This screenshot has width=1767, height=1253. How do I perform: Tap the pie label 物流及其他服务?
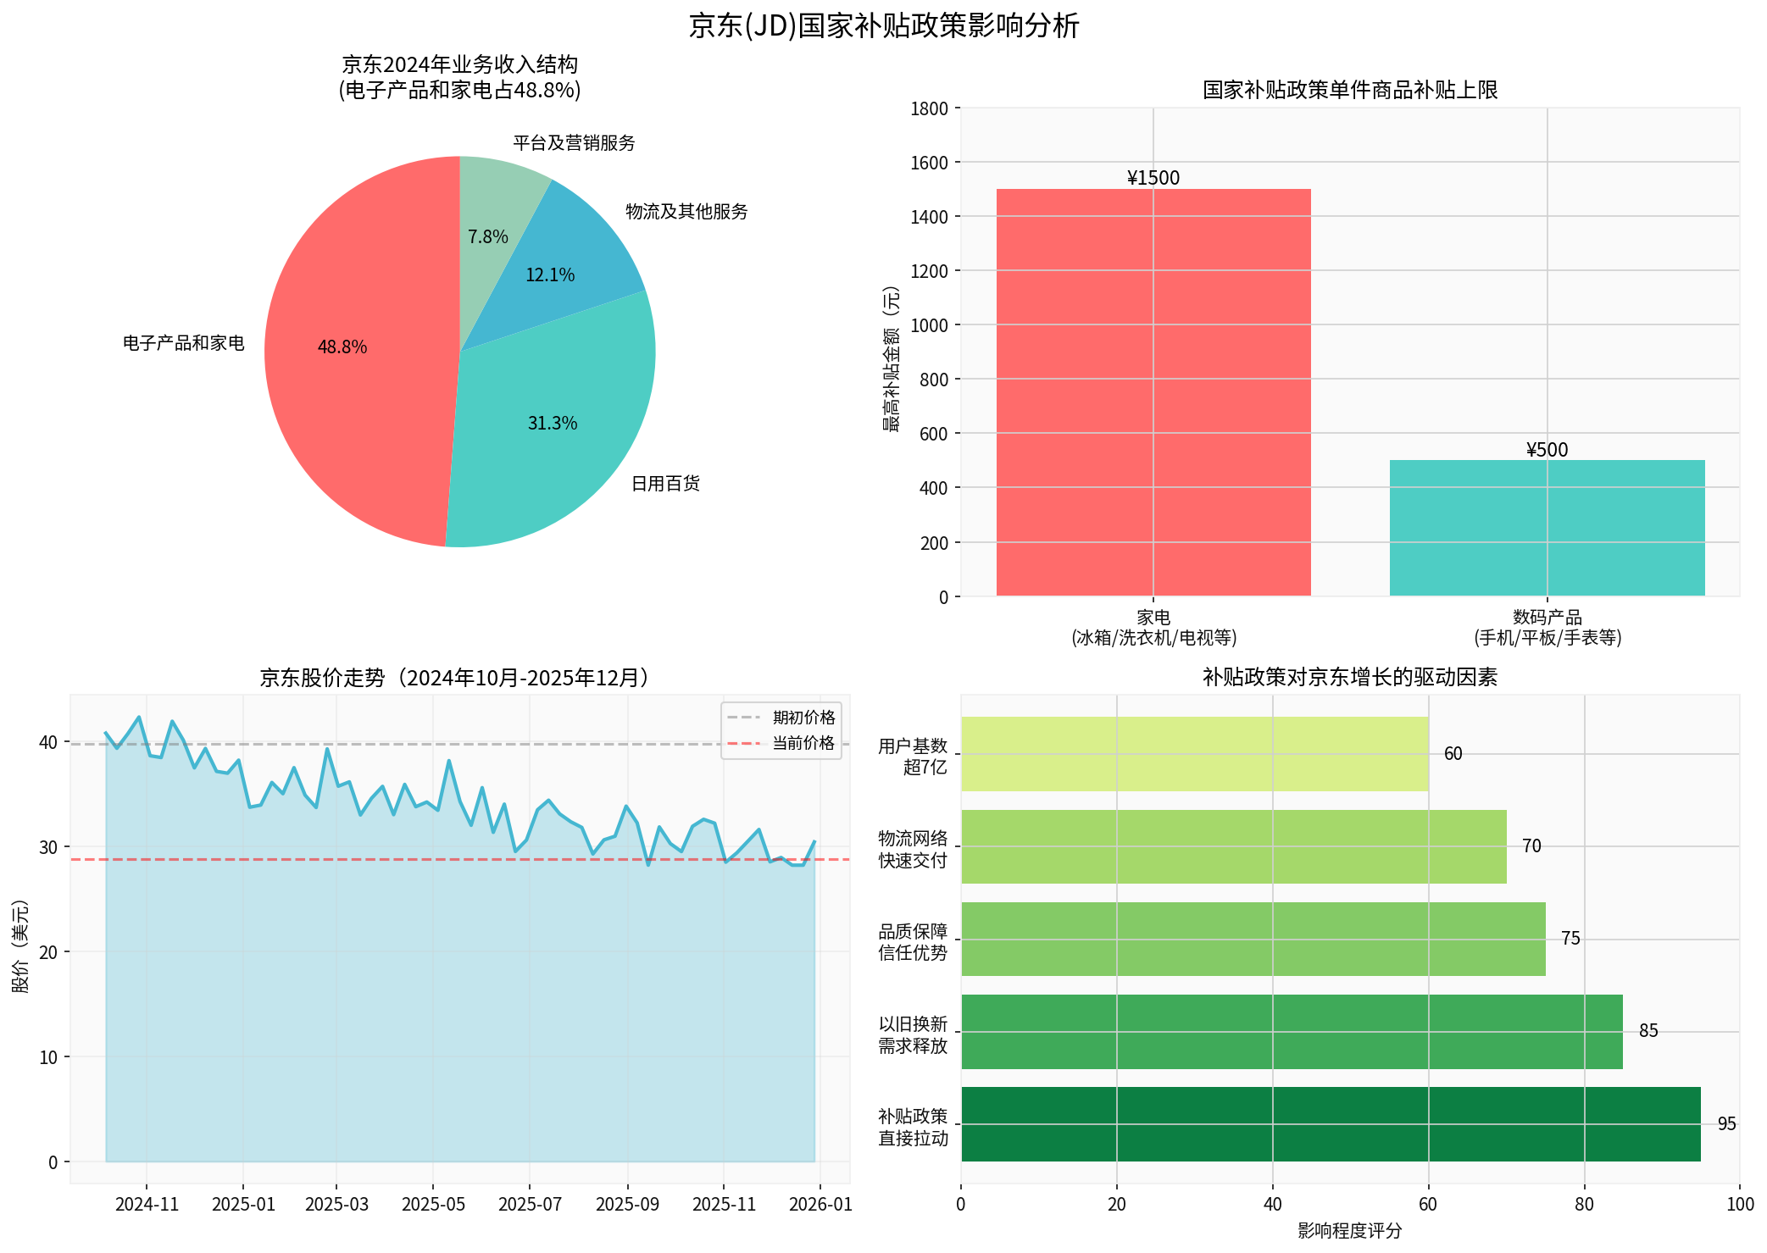pos(686,212)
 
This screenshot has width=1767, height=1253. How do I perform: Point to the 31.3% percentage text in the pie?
pos(553,424)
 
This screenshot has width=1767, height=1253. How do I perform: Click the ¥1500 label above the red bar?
pos(1153,178)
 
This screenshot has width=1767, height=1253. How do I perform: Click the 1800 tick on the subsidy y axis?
pos(930,108)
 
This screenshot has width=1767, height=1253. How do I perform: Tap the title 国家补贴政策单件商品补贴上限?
pos(1350,90)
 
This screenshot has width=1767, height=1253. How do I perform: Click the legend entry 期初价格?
pos(803,718)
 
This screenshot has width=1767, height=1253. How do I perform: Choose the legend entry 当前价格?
pos(803,744)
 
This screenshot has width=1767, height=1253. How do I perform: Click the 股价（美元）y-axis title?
pos(20,946)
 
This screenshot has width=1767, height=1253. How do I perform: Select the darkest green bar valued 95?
pos(1331,1124)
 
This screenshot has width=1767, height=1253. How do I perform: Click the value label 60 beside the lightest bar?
pos(1453,754)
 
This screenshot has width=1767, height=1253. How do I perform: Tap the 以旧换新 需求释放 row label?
pos(913,1034)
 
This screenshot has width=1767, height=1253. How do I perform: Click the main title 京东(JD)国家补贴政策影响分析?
pos(884,25)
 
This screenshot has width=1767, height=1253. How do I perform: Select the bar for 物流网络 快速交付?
pos(1233,846)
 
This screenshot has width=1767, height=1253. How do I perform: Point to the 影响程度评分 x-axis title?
pos(1349,1231)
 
